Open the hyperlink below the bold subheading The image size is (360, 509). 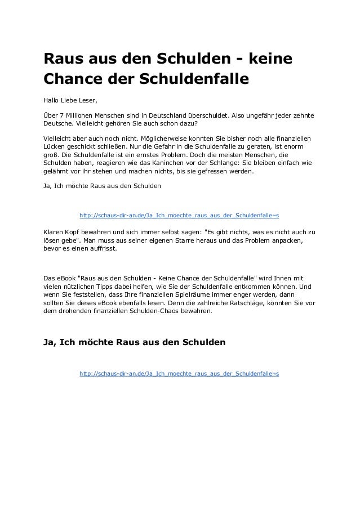(179, 373)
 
